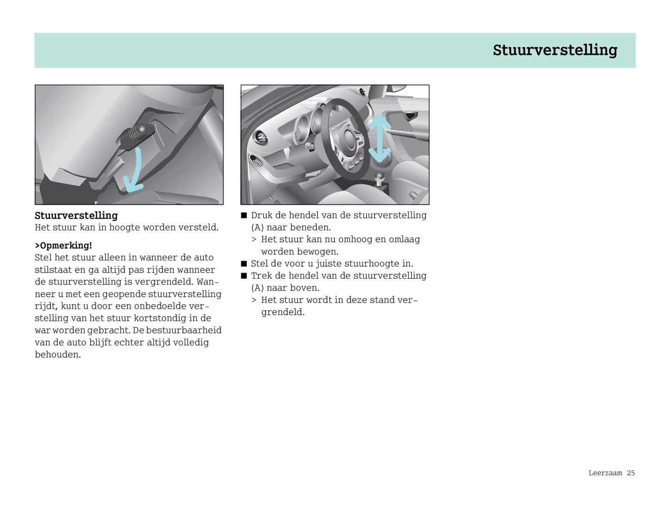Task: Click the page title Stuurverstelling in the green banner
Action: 555,50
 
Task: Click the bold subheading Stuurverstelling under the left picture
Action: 76,215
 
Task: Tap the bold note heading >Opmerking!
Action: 63,245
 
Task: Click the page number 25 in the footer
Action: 631,473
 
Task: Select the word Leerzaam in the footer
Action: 605,473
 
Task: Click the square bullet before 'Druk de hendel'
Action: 244,215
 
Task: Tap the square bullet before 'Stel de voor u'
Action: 244,264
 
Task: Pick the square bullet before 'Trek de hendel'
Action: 244,276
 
